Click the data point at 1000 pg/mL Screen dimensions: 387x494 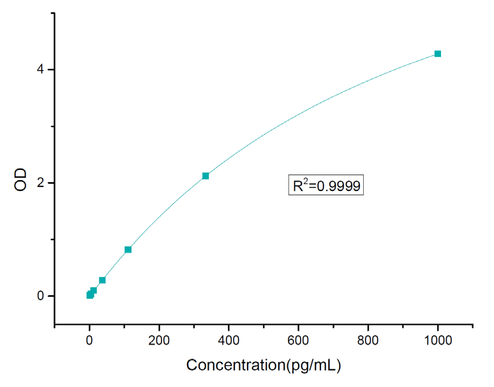click(438, 54)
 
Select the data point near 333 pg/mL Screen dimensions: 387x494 click(206, 176)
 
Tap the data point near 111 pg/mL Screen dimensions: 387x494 click(128, 249)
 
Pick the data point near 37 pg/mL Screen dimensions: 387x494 click(102, 280)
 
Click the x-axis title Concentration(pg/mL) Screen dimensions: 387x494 click(264, 365)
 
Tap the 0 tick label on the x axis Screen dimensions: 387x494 click(89, 340)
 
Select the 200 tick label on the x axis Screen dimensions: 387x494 click(159, 340)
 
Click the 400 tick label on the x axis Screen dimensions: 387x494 click(228, 340)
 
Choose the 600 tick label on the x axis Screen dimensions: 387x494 click(299, 340)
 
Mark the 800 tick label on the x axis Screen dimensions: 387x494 click(368, 340)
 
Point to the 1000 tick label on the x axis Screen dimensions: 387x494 click(438, 340)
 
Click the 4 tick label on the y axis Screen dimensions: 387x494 click(40, 70)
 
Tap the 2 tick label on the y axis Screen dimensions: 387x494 click(40, 183)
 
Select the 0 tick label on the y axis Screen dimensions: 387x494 click(40, 296)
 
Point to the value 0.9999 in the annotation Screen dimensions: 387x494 click(339, 186)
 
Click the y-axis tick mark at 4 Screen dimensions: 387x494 click(52, 70)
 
